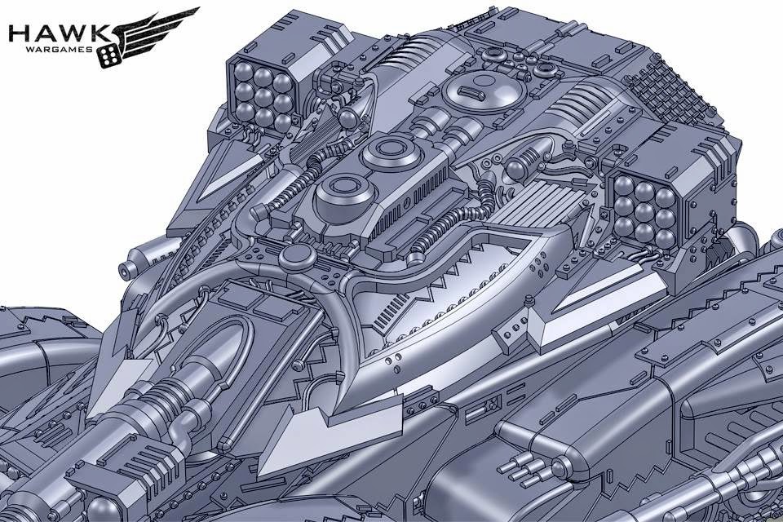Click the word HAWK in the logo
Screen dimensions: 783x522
[60, 34]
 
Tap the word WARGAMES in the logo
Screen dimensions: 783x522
[64, 50]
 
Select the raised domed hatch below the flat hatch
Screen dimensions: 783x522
[344, 196]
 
